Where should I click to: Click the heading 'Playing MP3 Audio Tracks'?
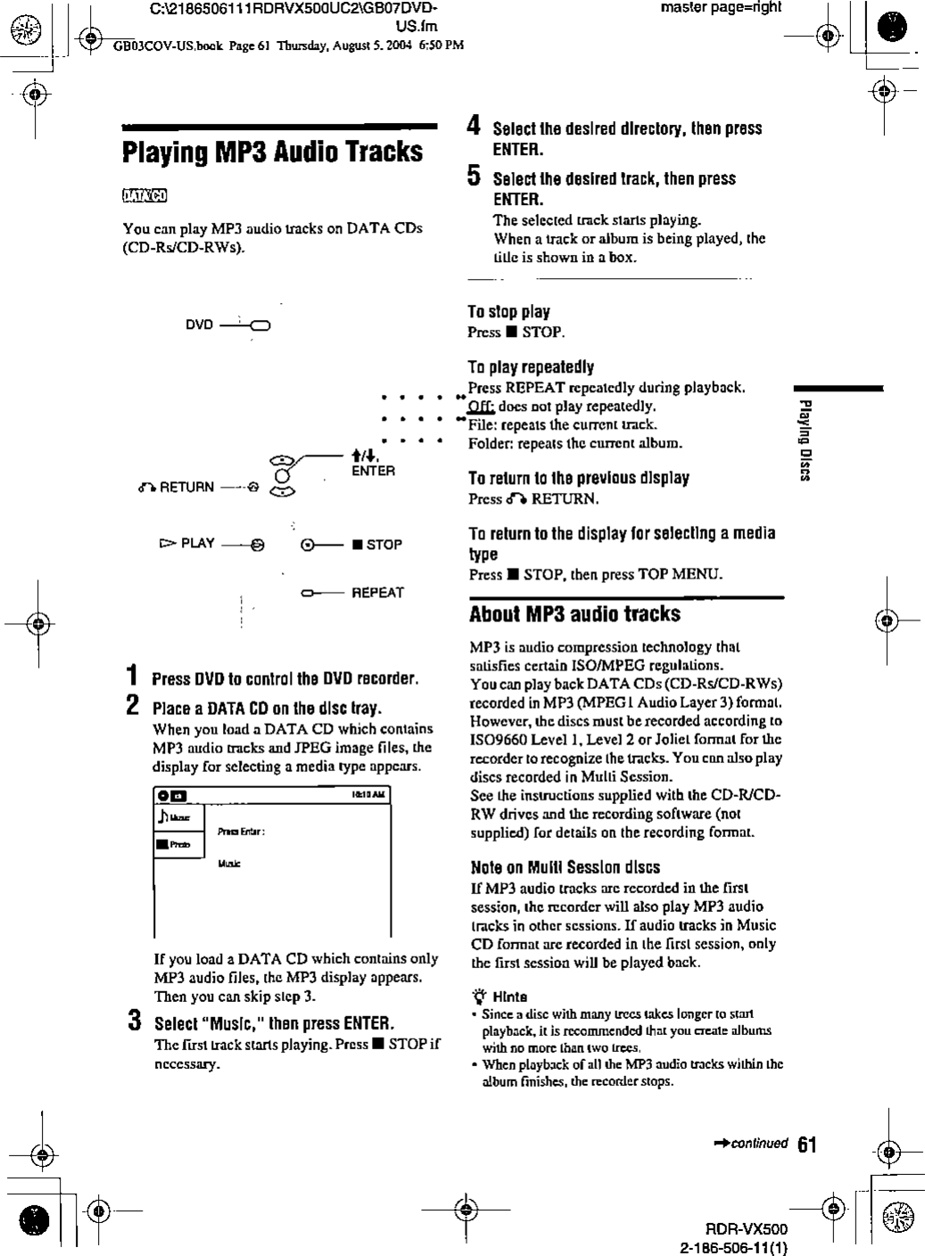[x=272, y=152]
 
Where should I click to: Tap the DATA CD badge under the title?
[x=145, y=196]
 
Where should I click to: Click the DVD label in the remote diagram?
[x=199, y=324]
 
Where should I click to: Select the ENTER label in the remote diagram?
[x=373, y=471]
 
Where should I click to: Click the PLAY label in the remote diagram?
[x=197, y=543]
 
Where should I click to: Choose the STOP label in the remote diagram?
[x=383, y=545]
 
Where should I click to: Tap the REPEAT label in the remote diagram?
[x=377, y=593]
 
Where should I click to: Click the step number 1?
[x=132, y=677]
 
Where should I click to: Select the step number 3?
[x=133, y=1021]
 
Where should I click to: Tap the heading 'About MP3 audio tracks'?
[x=574, y=614]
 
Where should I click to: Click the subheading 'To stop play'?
[x=508, y=312]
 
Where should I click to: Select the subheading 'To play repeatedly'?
[x=531, y=367]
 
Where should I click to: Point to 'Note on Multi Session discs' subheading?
[x=565, y=867]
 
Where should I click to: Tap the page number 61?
[x=806, y=1145]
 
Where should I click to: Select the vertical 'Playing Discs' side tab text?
[x=804, y=440]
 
